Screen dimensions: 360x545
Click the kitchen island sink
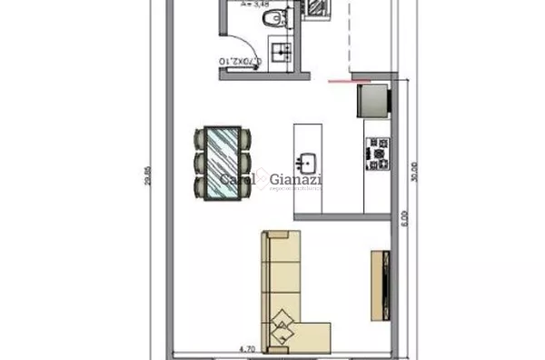pyautogui.click(x=309, y=164)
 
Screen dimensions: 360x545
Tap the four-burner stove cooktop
pyautogui.click(x=376, y=154)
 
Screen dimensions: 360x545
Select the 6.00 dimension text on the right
pyautogui.click(x=405, y=218)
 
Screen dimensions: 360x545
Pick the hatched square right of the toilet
pyautogui.click(x=316, y=7)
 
